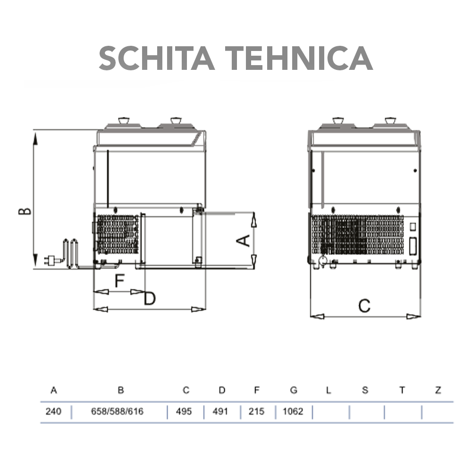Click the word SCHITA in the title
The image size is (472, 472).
pyautogui.click(x=153, y=58)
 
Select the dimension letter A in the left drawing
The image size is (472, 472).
pyautogui.click(x=242, y=241)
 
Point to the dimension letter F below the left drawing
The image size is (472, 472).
pyautogui.click(x=119, y=281)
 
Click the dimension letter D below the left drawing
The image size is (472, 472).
pyautogui.click(x=150, y=299)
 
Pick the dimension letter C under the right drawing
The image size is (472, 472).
pyautogui.click(x=364, y=306)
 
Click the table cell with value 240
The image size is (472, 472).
pyautogui.click(x=53, y=412)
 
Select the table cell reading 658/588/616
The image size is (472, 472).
pyautogui.click(x=117, y=412)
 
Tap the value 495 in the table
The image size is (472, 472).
pyautogui.click(x=184, y=412)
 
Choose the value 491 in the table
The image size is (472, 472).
pyautogui.click(x=220, y=412)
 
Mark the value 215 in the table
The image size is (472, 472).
pyautogui.click(x=257, y=412)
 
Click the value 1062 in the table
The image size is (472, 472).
pyautogui.click(x=293, y=412)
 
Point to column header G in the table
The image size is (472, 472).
pyautogui.click(x=294, y=390)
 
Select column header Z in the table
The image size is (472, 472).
pyautogui.click(x=438, y=390)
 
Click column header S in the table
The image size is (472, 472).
pyautogui.click(x=365, y=390)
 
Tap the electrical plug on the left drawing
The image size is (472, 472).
pyautogui.click(x=49, y=259)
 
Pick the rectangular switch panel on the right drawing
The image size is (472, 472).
pyautogui.click(x=413, y=245)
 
